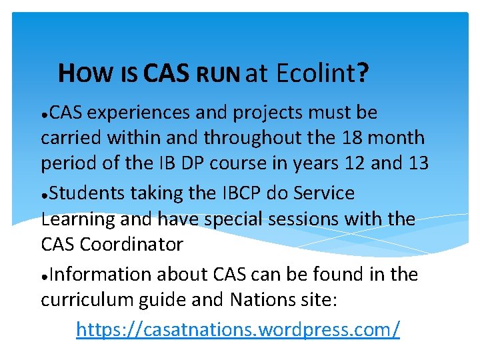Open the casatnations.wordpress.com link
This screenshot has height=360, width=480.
[238, 329]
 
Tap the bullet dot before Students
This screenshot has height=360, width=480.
[44, 195]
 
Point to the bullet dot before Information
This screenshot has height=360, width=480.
[44, 276]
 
